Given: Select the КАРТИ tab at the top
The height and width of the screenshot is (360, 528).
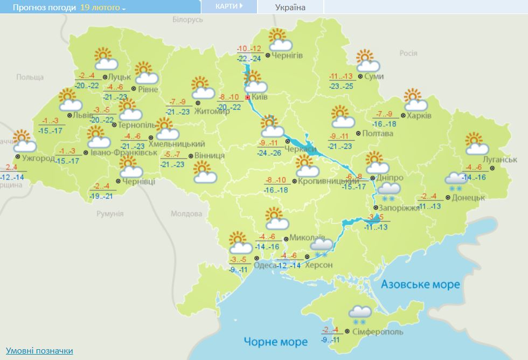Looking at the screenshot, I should [x=228, y=6].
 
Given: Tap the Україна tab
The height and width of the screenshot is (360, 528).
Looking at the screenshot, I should [x=290, y=7].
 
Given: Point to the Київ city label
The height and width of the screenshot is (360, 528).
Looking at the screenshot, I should [x=260, y=98].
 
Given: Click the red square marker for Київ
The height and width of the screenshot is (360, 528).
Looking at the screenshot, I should [x=248, y=98].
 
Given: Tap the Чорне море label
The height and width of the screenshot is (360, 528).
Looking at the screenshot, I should [x=275, y=342].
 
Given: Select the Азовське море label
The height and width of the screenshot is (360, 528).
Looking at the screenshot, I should [x=420, y=284].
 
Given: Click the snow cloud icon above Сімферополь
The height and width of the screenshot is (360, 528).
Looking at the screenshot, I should [x=359, y=313].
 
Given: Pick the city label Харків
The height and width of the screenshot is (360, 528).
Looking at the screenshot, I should [x=419, y=115].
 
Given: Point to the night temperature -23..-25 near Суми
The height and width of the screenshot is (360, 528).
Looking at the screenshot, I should [x=342, y=86].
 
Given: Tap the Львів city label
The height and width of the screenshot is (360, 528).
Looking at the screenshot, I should [x=84, y=115].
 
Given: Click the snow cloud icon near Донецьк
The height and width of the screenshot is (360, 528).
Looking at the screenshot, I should [x=455, y=179].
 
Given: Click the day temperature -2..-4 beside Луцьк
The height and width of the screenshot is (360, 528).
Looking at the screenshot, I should [x=87, y=75].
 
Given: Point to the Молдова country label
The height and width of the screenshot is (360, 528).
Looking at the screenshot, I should [x=185, y=214].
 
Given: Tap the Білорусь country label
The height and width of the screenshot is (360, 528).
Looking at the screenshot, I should [x=187, y=19].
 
